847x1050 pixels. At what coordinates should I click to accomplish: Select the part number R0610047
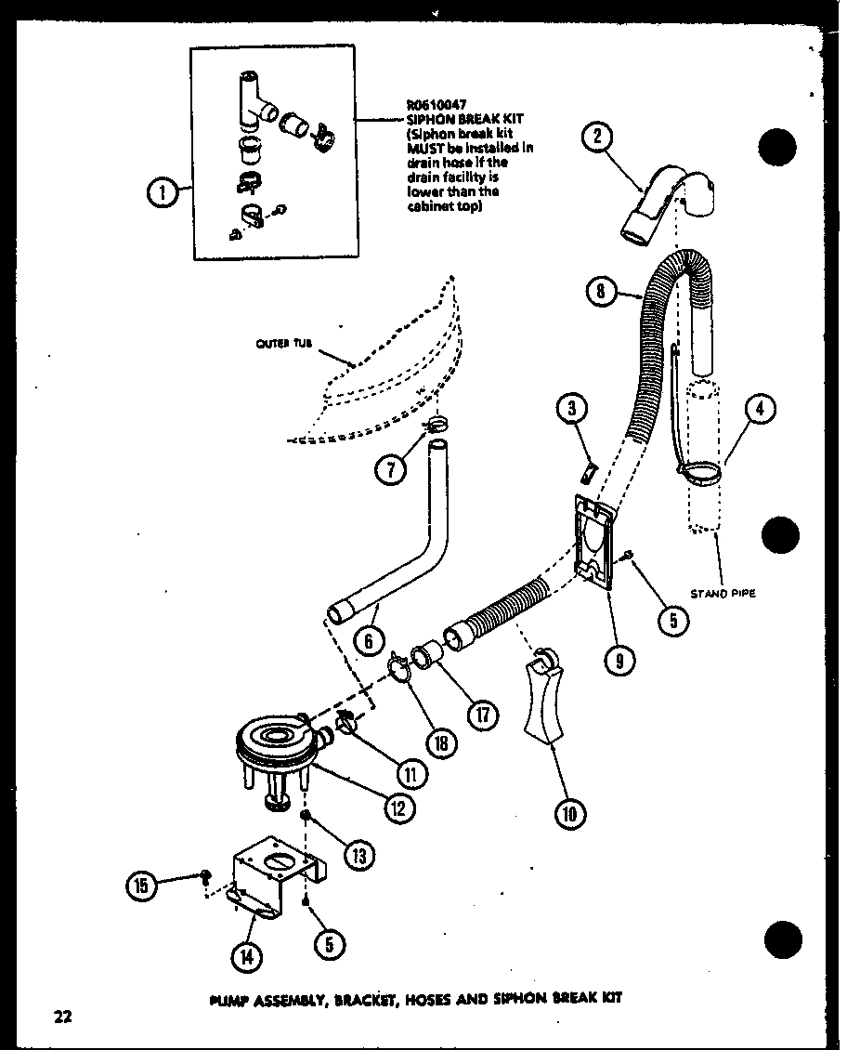pos(436,105)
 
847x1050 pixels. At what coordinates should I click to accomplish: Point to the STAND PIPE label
pos(723,593)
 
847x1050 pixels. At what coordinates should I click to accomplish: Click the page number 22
pos(62,1017)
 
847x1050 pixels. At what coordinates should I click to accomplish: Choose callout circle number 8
pos(603,293)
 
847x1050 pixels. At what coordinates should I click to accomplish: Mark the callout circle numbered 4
pos(761,410)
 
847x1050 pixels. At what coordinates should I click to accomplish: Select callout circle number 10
pos(570,815)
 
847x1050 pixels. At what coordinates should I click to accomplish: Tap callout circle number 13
pos(358,853)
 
